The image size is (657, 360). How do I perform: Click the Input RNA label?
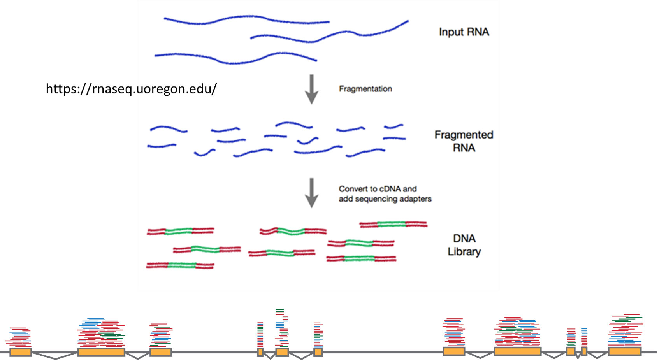click(464, 32)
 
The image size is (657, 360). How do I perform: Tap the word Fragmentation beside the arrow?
click(365, 89)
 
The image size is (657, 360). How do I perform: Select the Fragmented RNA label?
click(464, 141)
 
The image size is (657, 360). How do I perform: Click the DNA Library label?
click(464, 245)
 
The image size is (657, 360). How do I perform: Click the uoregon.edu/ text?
click(177, 89)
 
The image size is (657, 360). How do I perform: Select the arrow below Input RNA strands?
click(311, 89)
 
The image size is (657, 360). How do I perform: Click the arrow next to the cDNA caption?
click(311, 193)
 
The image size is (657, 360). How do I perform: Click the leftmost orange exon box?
click(20, 352)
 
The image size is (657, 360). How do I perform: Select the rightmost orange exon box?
click(624, 352)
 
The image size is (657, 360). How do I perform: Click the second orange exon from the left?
click(101, 352)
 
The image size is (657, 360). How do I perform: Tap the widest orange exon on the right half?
click(517, 352)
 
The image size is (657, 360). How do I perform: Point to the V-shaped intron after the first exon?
click(54, 356)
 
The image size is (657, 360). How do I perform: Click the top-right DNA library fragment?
click(393, 224)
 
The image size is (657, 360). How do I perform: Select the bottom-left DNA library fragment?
click(180, 265)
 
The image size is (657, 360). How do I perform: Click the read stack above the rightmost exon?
click(625, 331)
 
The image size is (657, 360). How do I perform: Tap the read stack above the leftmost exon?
click(19, 337)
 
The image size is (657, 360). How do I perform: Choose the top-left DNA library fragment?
click(180, 231)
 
